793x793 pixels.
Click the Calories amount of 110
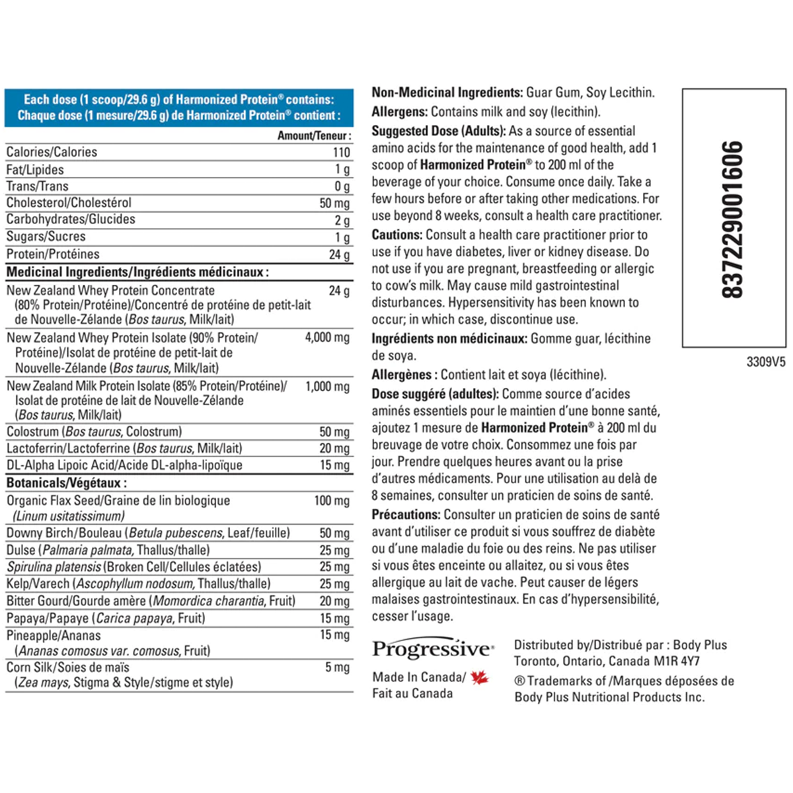point(341,152)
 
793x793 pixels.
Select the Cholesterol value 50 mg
point(334,203)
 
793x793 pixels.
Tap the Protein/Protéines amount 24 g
point(340,254)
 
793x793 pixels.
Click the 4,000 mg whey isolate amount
point(327,338)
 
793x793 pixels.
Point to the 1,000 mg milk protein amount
point(327,387)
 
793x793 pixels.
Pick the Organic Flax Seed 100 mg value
point(332,501)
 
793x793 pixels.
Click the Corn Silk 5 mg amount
point(337,667)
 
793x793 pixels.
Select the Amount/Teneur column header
point(314,135)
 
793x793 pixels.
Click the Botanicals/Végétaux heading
point(67,483)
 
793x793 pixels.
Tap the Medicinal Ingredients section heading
point(137,272)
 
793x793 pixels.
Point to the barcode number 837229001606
point(733,219)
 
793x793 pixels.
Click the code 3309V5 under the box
point(766,362)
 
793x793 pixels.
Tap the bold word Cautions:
point(397,235)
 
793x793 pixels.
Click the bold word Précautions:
point(406,514)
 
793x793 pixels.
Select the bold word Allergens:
point(399,112)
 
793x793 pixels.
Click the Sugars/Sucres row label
point(46,237)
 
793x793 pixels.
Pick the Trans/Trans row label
point(38,186)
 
